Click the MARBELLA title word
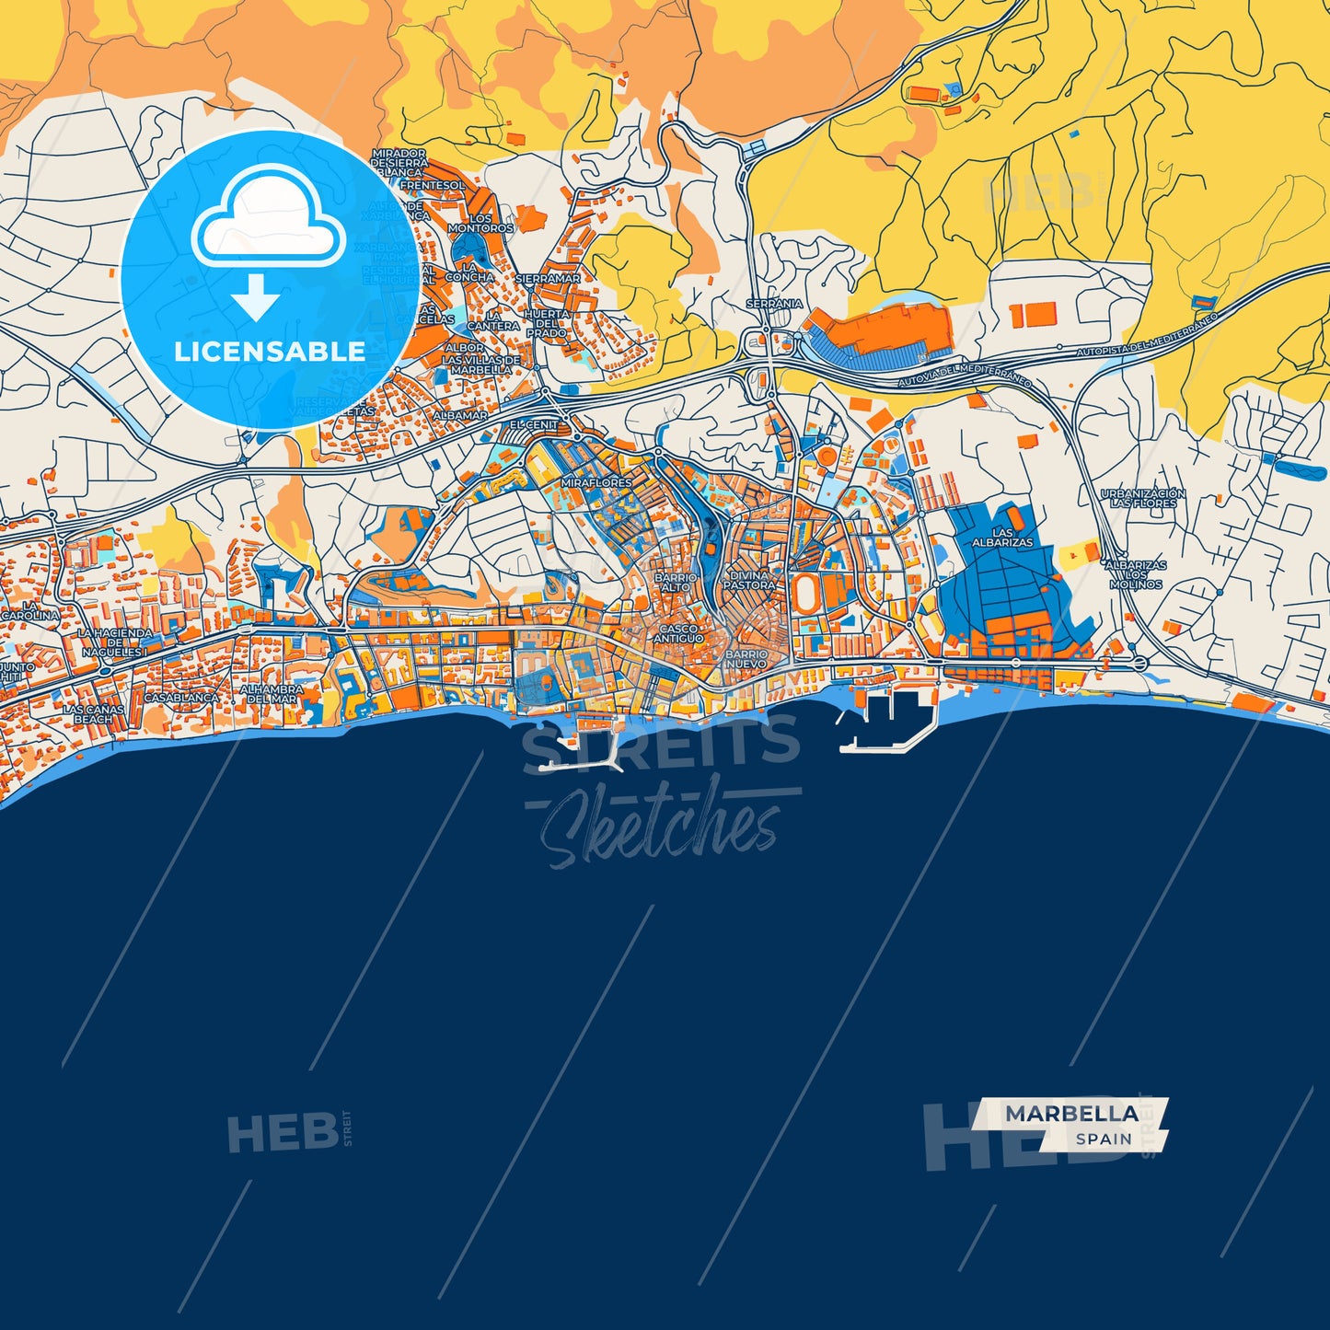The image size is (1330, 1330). (x=1071, y=1114)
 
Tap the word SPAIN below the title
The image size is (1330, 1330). (x=1104, y=1139)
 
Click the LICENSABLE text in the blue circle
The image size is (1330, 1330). (x=270, y=352)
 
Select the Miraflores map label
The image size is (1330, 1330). (x=596, y=482)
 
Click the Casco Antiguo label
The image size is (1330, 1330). (x=679, y=634)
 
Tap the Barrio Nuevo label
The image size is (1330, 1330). (x=746, y=659)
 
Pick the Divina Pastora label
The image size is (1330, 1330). (x=749, y=580)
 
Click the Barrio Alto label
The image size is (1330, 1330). (x=676, y=582)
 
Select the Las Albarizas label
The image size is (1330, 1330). (x=1002, y=538)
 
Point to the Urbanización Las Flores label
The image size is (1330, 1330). (x=1143, y=499)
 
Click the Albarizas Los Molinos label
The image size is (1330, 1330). (x=1136, y=574)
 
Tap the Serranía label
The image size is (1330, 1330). (x=774, y=304)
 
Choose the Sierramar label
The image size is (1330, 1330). (x=548, y=278)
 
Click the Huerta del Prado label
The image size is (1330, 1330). (x=547, y=324)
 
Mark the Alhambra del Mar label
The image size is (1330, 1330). (x=272, y=694)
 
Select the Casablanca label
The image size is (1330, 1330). (x=181, y=698)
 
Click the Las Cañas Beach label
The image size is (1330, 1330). (x=93, y=714)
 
